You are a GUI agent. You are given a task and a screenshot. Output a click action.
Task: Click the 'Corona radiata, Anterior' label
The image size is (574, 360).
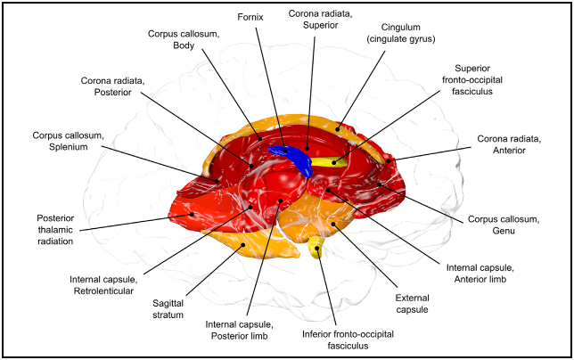tap(509, 144)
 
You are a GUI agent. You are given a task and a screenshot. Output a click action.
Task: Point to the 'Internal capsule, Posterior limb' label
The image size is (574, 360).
tap(238, 330)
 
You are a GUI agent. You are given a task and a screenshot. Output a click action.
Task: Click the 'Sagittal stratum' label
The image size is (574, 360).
tap(161, 308)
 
